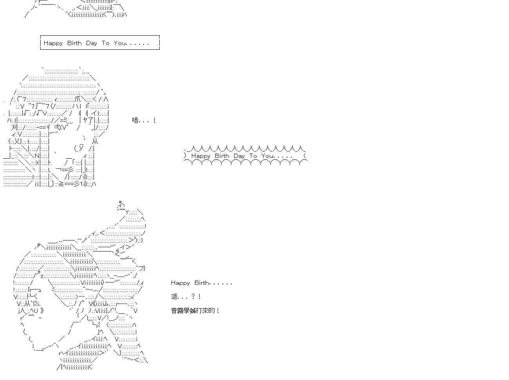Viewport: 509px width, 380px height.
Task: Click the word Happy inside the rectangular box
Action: click(x=53, y=43)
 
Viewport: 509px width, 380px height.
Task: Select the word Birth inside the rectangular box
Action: click(x=74, y=43)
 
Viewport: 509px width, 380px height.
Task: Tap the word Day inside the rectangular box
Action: click(x=91, y=43)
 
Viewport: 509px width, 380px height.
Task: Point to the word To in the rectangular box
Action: click(x=105, y=43)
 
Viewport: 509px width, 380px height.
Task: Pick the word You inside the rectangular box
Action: click(x=120, y=43)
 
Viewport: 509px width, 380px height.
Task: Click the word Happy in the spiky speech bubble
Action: click(x=201, y=156)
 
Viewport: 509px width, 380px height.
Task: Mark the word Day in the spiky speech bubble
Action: click(x=239, y=156)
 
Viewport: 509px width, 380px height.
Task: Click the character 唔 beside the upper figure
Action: click(x=135, y=120)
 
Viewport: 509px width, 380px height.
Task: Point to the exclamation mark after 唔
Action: click(x=154, y=120)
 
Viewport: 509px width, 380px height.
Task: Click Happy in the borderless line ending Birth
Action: click(x=180, y=283)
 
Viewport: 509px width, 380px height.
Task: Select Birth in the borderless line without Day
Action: click(x=202, y=282)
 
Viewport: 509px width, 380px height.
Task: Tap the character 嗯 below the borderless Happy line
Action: click(x=174, y=297)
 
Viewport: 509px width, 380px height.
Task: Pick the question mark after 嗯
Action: click(x=193, y=297)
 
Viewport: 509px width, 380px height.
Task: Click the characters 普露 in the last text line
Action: click(x=177, y=310)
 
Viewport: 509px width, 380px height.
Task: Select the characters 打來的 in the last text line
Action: click(x=206, y=310)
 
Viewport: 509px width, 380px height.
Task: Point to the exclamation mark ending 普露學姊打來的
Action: click(x=218, y=310)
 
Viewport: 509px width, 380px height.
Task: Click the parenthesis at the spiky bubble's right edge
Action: click(x=305, y=156)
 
